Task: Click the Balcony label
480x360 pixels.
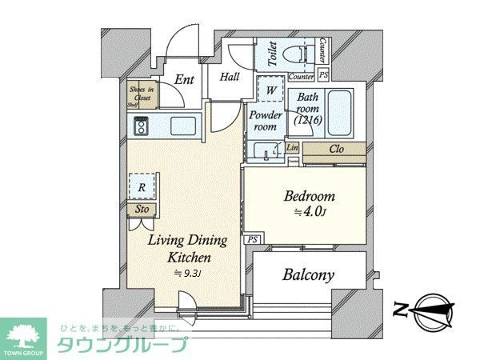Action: tap(309, 275)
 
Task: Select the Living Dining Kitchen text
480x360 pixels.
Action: tap(189, 249)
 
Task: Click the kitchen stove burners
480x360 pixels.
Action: tap(142, 126)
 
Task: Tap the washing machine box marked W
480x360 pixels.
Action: tap(272, 90)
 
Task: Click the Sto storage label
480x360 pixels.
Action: tap(141, 210)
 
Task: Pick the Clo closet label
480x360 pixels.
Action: tap(336, 149)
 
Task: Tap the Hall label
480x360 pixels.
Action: tap(230, 77)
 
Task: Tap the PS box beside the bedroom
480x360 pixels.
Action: tap(252, 238)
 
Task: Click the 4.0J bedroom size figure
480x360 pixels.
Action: tap(309, 212)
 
